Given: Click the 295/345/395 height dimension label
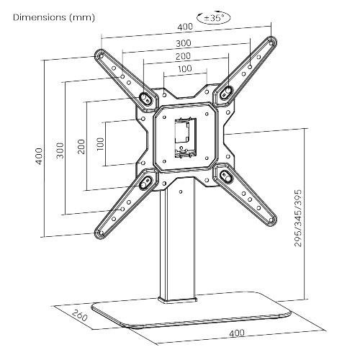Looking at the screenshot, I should tap(297, 216).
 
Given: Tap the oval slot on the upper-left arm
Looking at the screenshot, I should tap(145, 96).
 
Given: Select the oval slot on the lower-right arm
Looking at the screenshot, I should tap(226, 176).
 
